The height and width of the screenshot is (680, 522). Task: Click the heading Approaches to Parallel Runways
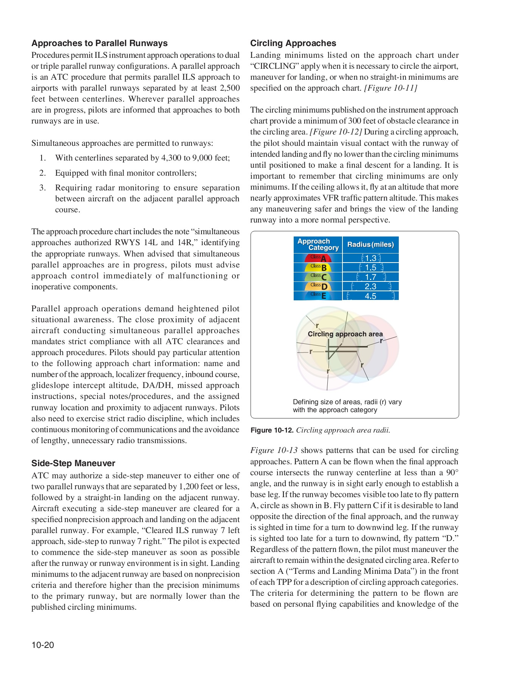[99, 43]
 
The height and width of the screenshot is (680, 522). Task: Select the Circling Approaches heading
[293, 43]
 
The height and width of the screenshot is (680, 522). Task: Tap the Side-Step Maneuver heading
[73, 463]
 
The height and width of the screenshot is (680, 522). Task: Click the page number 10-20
[43, 645]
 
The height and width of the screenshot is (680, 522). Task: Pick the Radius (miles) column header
[370, 244]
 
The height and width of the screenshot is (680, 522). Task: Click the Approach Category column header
[318, 244]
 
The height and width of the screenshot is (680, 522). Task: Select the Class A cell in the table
[318, 258]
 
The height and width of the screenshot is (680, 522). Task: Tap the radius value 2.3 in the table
[370, 286]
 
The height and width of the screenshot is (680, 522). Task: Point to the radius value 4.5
[370, 296]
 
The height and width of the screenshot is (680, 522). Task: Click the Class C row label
[318, 277]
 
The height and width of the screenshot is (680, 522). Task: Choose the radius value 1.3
[370, 258]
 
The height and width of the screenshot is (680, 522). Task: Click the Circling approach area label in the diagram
[345, 334]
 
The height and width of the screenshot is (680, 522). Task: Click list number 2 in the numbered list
[43, 173]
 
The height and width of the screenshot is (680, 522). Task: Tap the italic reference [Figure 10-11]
[390, 88]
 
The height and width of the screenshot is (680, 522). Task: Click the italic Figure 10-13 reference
[274, 450]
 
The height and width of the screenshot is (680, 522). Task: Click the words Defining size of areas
[322, 402]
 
